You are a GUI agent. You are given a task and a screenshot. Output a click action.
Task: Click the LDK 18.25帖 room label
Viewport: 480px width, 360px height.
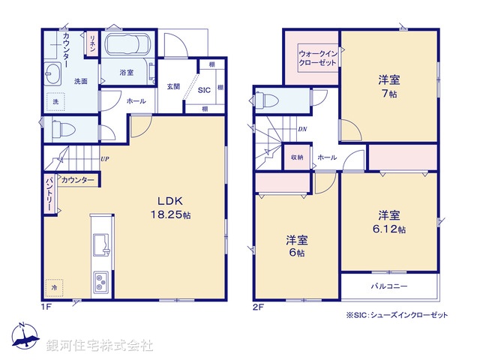coord(173,208)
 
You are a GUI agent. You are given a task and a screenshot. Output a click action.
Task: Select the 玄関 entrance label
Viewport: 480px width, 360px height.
coord(173,86)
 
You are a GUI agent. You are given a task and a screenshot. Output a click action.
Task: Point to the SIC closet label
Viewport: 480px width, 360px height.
coord(203,90)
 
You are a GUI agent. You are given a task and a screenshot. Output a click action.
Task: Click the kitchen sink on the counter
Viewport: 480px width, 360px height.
coord(100,244)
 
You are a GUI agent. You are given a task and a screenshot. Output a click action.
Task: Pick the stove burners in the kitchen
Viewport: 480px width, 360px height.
coord(100,283)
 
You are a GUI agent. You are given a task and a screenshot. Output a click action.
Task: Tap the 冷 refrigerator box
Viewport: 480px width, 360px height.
coord(54,287)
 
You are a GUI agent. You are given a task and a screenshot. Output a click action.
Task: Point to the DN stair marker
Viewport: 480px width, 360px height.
coord(301,129)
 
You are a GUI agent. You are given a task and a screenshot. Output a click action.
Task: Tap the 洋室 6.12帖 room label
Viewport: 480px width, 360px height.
coord(391,220)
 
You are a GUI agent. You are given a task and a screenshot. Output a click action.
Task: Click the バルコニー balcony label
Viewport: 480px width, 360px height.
coord(387,286)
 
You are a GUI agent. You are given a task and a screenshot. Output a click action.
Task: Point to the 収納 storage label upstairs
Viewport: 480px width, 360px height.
coord(297,157)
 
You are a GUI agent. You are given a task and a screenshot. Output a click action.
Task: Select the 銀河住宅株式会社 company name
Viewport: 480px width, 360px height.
coord(99,346)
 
